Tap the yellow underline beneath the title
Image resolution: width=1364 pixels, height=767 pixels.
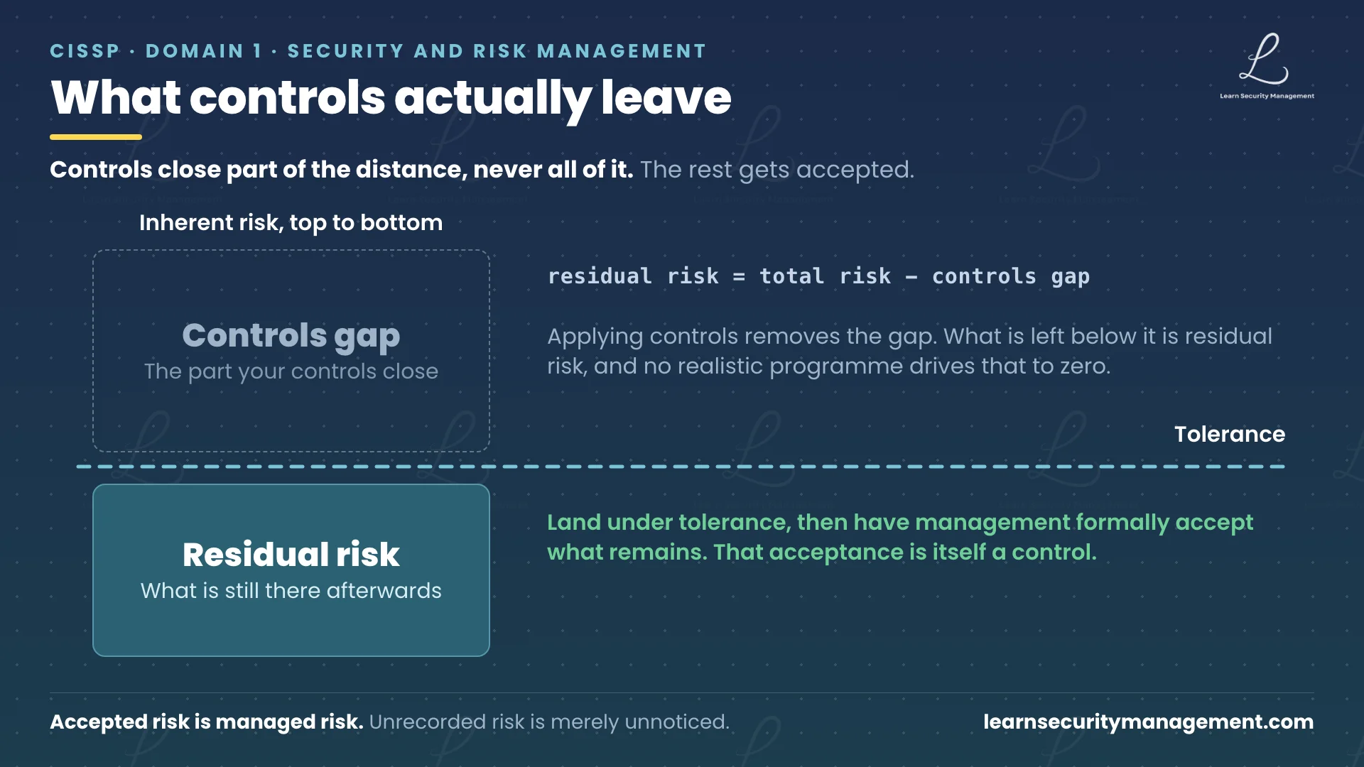(x=96, y=137)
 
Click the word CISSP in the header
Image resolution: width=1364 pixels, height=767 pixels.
(x=85, y=51)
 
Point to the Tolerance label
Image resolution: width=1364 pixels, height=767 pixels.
(x=1230, y=434)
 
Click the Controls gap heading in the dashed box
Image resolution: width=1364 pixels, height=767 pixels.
(x=291, y=336)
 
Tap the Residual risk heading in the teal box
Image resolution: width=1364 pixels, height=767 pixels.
(x=291, y=555)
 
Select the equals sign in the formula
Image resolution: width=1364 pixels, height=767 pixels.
(x=739, y=277)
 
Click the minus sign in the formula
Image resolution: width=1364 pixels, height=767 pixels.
(x=911, y=277)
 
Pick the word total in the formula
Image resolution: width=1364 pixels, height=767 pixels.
(x=792, y=276)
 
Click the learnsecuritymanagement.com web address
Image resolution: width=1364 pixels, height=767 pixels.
(x=1149, y=722)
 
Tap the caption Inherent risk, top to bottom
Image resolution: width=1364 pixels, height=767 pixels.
(x=291, y=223)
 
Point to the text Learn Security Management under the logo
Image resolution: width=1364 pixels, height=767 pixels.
(x=1267, y=96)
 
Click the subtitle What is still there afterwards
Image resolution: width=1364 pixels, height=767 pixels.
(x=291, y=591)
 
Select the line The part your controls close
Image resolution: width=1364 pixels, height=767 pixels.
(x=291, y=371)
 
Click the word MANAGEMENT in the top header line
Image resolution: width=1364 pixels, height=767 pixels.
(x=622, y=51)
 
